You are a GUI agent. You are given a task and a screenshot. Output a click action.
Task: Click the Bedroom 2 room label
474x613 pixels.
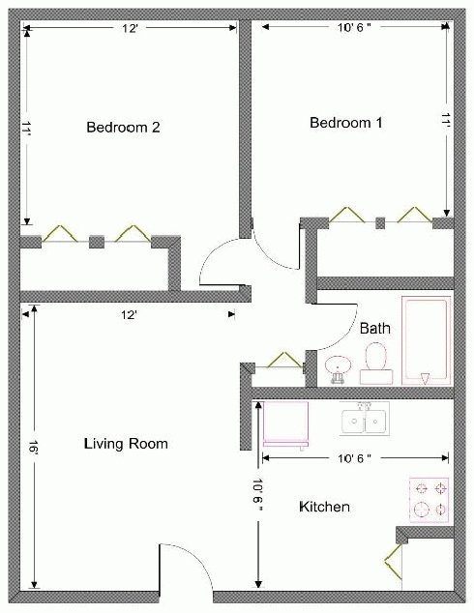pyautogui.click(x=123, y=127)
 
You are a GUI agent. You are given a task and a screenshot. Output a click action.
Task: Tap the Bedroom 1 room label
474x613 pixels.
pyautogui.click(x=346, y=123)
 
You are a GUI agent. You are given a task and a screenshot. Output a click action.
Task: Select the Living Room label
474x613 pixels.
pyautogui.click(x=126, y=444)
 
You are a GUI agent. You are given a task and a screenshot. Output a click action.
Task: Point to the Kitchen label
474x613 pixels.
pyautogui.click(x=324, y=507)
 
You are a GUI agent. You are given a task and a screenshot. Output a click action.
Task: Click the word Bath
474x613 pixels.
pyautogui.click(x=375, y=328)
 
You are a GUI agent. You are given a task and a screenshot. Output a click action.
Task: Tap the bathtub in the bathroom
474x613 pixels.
pyautogui.click(x=426, y=341)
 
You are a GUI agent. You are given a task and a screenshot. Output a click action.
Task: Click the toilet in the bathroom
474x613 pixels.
pyautogui.click(x=376, y=364)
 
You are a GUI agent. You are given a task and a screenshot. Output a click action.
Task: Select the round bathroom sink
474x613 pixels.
pyautogui.click(x=338, y=368)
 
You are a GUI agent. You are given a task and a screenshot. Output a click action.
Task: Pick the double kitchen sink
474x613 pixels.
pyautogui.click(x=365, y=419)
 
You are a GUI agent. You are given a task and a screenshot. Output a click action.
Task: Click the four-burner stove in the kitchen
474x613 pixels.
pyautogui.click(x=430, y=500)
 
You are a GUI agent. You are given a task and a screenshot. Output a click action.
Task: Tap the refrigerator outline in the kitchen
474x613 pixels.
pyautogui.click(x=286, y=424)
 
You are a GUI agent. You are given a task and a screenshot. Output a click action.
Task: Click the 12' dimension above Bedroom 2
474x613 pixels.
pyautogui.click(x=130, y=28)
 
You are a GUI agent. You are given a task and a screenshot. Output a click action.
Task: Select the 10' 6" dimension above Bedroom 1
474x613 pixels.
pyautogui.click(x=354, y=27)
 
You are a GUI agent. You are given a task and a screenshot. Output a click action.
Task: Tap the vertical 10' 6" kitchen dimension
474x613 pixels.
pyautogui.click(x=257, y=495)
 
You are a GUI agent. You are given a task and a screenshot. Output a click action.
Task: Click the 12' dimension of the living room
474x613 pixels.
pyautogui.click(x=129, y=314)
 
